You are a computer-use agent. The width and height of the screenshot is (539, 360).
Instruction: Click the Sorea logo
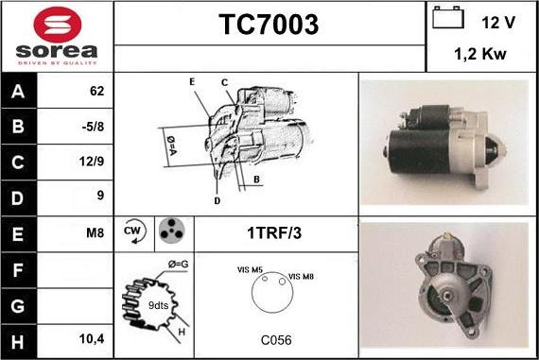point(57,35)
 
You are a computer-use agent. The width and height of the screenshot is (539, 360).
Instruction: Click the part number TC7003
point(269,25)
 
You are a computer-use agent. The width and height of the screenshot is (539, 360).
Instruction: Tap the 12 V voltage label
point(497,21)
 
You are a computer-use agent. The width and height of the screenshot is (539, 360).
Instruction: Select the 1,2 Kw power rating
point(480,55)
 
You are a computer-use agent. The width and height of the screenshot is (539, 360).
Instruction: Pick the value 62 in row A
point(96,92)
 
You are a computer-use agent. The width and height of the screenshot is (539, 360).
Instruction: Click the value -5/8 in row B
point(95,126)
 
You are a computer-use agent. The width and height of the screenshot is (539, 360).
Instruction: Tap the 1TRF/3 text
point(276,231)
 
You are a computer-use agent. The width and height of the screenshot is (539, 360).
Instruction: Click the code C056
point(276,338)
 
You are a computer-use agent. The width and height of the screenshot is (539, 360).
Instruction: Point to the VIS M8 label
point(302,276)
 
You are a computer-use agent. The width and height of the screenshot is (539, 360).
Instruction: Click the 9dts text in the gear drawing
point(160,305)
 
